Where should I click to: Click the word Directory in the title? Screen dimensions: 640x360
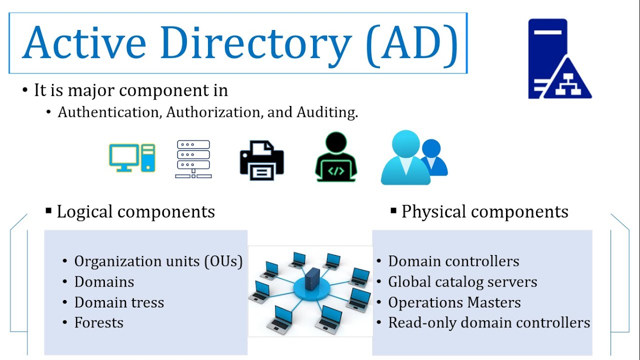click(x=256, y=43)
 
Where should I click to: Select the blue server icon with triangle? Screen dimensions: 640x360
click(x=559, y=59)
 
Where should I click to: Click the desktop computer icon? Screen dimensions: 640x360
click(x=132, y=157)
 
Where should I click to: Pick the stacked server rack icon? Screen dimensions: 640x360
click(x=193, y=159)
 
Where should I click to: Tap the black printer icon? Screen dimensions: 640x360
click(x=261, y=160)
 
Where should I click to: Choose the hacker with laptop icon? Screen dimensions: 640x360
click(x=336, y=156)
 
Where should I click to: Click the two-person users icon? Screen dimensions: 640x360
click(x=414, y=157)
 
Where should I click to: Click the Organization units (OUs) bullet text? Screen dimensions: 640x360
click(x=158, y=261)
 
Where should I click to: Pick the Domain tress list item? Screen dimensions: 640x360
click(x=119, y=302)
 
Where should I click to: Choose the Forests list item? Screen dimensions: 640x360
click(x=99, y=323)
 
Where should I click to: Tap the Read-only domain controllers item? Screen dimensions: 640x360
click(x=489, y=323)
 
